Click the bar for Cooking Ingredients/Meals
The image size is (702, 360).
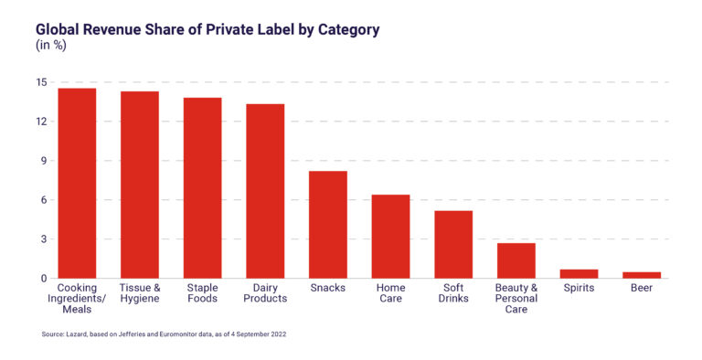(x=77, y=183)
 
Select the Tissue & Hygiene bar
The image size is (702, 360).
(x=140, y=185)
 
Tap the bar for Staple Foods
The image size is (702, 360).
(x=202, y=187)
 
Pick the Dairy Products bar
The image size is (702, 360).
(x=265, y=191)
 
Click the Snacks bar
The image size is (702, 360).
(x=328, y=225)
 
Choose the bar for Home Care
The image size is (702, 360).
(x=390, y=237)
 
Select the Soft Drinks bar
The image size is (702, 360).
(x=453, y=244)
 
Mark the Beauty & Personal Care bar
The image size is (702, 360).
(x=516, y=260)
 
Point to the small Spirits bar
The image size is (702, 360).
(x=579, y=273)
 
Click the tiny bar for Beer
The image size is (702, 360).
(x=642, y=275)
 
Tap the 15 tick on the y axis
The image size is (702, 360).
(x=40, y=82)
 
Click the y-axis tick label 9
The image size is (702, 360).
(x=43, y=161)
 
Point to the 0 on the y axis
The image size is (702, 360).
(x=43, y=279)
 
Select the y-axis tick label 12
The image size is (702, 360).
(x=40, y=122)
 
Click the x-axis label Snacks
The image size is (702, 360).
(x=328, y=288)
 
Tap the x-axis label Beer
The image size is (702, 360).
(x=642, y=288)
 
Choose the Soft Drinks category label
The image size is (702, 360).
(x=453, y=293)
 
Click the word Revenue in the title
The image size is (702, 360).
(x=118, y=29)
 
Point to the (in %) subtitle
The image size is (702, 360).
(x=52, y=46)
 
